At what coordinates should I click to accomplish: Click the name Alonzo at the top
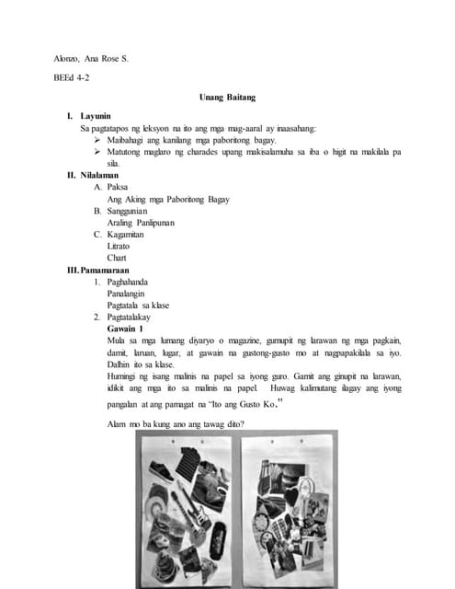coord(68,59)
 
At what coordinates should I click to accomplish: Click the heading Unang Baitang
coord(226,97)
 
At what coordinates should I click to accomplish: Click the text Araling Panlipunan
coord(141,223)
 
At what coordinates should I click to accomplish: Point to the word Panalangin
coord(131,293)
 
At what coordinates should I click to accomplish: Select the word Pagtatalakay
coord(136,317)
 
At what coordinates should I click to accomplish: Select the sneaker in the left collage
coord(162,472)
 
